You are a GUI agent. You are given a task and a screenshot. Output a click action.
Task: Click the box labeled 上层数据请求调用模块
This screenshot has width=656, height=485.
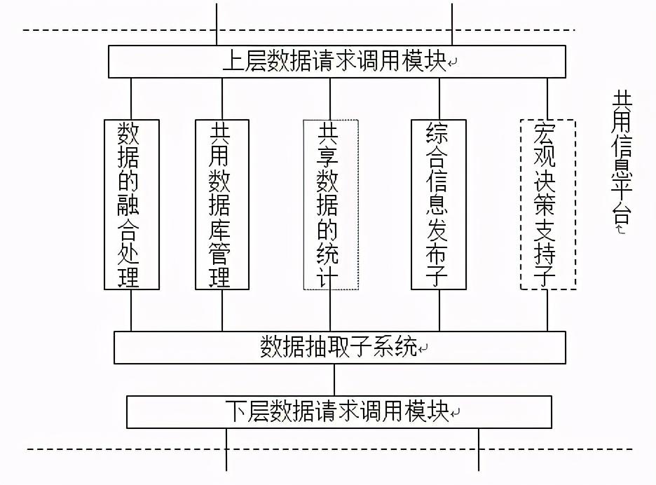click(337, 62)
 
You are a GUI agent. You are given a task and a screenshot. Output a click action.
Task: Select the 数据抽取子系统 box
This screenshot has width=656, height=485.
click(340, 347)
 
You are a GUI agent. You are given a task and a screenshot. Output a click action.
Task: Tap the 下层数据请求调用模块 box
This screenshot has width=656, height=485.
click(339, 411)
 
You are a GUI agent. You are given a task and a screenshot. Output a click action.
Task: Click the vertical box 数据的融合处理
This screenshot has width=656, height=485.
click(131, 204)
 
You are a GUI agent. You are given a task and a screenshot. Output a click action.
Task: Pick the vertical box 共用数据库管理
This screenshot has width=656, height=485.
click(222, 204)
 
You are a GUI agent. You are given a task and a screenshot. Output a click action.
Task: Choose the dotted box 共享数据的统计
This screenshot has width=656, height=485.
click(330, 204)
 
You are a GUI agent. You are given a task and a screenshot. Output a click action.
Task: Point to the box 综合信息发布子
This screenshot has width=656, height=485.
click(439, 204)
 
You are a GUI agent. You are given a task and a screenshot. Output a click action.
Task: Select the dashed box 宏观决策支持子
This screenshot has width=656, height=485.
click(547, 204)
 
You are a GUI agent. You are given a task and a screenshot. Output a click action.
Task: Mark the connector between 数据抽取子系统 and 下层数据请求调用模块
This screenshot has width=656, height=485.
click(334, 380)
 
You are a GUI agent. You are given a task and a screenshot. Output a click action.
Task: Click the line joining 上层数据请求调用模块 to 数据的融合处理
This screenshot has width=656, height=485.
click(131, 98)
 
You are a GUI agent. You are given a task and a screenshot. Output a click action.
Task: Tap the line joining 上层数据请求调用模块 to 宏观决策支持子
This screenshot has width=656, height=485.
click(547, 98)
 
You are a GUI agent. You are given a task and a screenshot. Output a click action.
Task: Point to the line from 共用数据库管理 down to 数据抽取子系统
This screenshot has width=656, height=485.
click(222, 310)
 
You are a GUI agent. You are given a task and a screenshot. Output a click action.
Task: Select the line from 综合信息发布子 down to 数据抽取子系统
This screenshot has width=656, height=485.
click(439, 310)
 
